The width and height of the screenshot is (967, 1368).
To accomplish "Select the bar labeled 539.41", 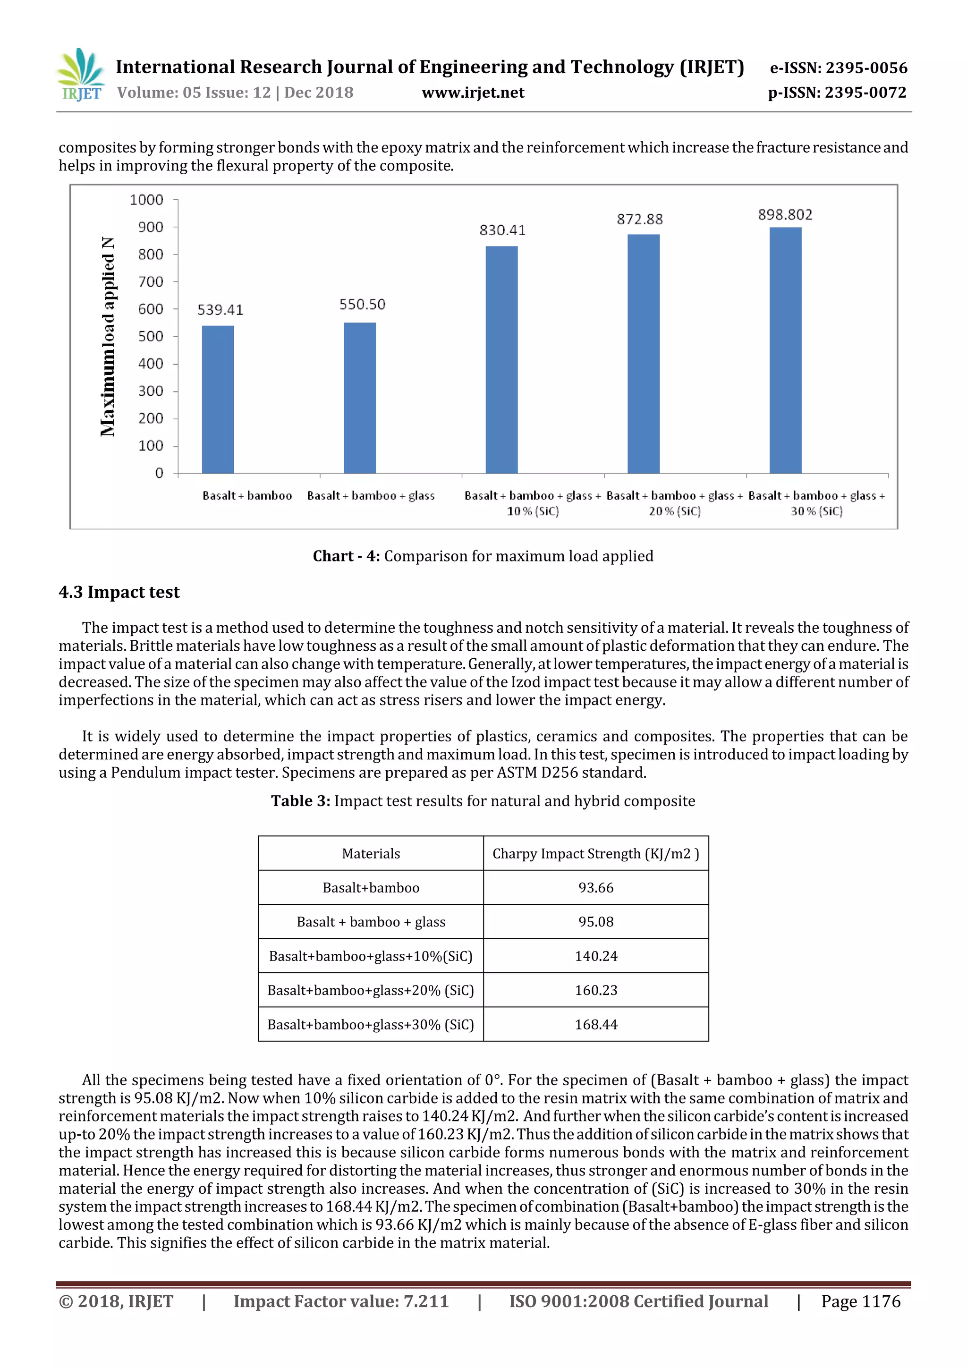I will (x=218, y=399).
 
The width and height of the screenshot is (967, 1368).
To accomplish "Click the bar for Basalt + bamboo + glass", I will (x=359, y=398).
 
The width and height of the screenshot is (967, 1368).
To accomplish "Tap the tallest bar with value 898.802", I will (x=785, y=350).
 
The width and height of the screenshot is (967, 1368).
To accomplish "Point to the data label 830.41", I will (x=502, y=230).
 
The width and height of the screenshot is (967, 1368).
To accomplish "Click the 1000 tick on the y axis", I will (x=146, y=200).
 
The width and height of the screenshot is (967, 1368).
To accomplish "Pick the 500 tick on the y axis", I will (x=150, y=337).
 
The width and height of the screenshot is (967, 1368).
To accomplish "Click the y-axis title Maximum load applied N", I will (x=108, y=337).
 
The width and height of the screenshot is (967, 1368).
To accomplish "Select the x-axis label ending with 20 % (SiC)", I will (x=674, y=503).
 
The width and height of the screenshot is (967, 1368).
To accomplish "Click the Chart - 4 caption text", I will (x=483, y=556).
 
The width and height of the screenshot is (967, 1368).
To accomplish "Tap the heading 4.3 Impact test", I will (x=119, y=592).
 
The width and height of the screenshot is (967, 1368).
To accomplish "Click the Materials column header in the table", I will (x=371, y=854).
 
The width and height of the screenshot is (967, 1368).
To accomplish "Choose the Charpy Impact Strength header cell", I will (x=595, y=854).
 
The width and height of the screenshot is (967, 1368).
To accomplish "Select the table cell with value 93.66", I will (x=595, y=888).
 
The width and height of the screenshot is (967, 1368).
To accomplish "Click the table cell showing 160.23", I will (x=595, y=990).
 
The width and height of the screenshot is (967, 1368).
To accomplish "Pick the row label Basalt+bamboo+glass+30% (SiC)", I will (x=371, y=1025).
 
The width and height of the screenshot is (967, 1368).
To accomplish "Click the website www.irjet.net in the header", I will (x=473, y=93).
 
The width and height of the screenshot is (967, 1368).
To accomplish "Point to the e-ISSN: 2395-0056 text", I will (x=838, y=68).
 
